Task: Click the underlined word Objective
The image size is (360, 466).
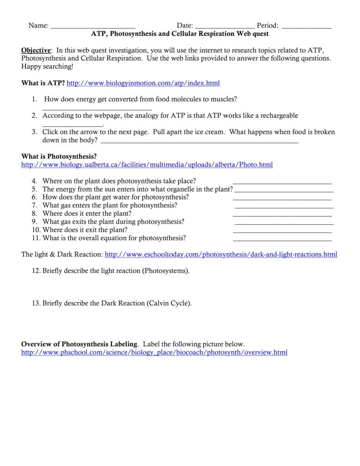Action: (x=36, y=50)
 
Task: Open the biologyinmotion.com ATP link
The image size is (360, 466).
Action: (x=143, y=83)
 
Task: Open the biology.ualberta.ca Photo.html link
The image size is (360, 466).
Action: (x=147, y=165)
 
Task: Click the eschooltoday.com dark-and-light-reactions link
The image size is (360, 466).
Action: (x=221, y=254)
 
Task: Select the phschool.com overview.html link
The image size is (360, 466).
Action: (x=154, y=353)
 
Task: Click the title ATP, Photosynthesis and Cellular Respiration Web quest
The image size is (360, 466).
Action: (x=180, y=34)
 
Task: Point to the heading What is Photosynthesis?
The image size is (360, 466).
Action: (x=59, y=157)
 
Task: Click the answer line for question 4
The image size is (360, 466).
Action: (x=282, y=183)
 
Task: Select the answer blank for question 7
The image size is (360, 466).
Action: (x=284, y=208)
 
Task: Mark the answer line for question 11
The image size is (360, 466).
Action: (x=282, y=240)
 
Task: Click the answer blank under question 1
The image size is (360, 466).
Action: (x=97, y=109)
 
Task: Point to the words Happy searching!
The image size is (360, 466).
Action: (x=47, y=66)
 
